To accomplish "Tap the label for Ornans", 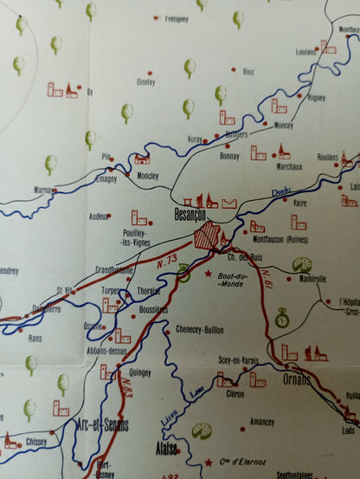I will tap(297, 379).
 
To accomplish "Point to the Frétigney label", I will tap(176, 18).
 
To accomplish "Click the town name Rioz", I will tap(248, 71).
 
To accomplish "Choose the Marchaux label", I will tap(289, 166).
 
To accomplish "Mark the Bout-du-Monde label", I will tap(233, 279).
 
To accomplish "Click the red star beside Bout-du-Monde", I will tap(209, 274).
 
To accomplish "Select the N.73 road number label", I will tap(167, 261).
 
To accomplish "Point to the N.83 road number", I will tap(126, 385).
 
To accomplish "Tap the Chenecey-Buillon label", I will tap(200, 329).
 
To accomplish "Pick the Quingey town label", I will tap(139, 372).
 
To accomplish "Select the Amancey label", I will tap(261, 422).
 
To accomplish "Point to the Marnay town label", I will tap(46, 189).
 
